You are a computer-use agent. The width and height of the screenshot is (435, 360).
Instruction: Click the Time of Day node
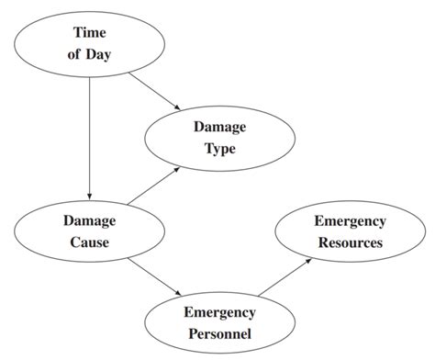tap(89, 43)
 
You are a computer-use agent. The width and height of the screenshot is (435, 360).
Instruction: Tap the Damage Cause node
tap(88, 231)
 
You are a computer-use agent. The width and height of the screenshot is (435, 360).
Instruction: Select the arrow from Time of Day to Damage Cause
tap(89, 138)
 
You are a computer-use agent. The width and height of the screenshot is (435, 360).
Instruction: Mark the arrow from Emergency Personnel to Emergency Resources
tap(284, 277)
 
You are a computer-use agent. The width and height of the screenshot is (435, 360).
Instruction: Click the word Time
tap(89, 33)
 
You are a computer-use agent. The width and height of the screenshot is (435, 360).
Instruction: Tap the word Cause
tap(89, 242)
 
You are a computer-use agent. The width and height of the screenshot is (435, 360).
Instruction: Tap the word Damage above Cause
tap(89, 220)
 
